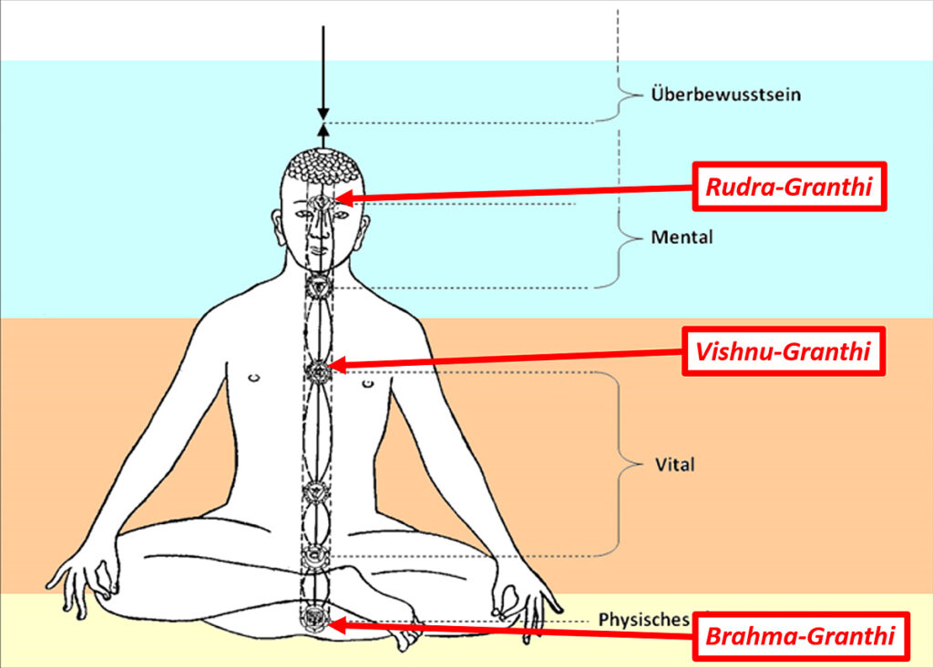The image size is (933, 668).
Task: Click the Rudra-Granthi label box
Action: pyautogui.click(x=790, y=188)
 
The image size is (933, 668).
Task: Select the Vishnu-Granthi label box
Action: pyautogui.click(x=784, y=350)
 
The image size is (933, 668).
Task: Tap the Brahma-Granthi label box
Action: pyautogui.click(x=800, y=635)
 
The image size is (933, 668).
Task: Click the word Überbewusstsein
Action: pyautogui.click(x=725, y=94)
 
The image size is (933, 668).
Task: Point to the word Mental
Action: pyautogui.click(x=682, y=238)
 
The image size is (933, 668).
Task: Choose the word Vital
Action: pyautogui.click(x=674, y=465)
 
